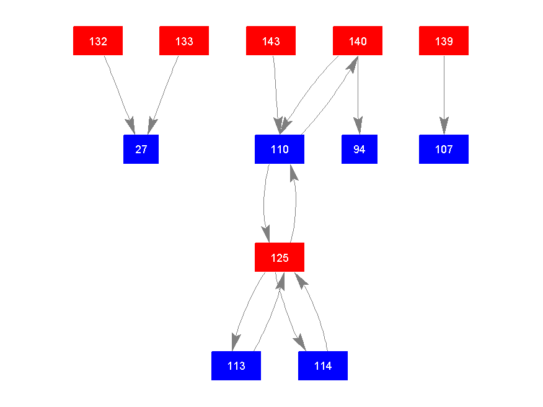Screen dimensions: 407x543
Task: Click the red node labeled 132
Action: [98, 41]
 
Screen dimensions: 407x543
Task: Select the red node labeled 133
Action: [184, 41]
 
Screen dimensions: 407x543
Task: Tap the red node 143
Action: [271, 41]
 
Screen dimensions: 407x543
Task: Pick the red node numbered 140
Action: [358, 41]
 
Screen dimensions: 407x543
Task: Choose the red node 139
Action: [444, 41]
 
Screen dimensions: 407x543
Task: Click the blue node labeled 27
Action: [141, 150]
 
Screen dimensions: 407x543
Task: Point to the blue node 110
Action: [280, 150]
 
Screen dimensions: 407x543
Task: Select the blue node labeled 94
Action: [360, 150]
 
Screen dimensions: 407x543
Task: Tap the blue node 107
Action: [444, 150]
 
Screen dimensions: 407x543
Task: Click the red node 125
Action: [280, 257]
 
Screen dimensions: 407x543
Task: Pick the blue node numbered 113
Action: [236, 366]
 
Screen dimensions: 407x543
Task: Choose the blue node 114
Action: [323, 366]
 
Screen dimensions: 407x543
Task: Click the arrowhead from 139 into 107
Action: [444, 127]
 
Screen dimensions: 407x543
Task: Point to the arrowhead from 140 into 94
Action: [358, 127]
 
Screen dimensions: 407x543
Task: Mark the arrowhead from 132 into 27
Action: [131, 126]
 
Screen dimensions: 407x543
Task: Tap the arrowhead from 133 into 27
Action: [151, 126]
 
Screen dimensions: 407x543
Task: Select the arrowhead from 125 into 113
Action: [234, 343]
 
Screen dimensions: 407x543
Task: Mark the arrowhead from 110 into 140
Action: [353, 63]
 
